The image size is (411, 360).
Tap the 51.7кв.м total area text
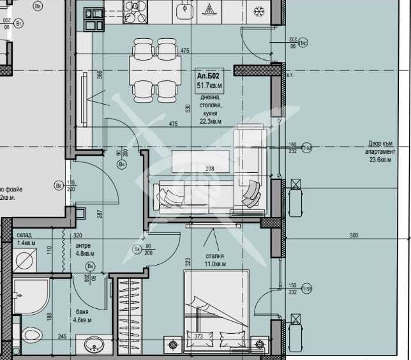tap(210, 84)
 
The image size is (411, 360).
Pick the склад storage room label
tap(24, 235)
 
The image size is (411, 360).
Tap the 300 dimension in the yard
tap(354, 236)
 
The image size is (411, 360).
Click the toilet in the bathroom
tap(30, 336)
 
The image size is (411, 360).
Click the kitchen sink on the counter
tap(184, 10)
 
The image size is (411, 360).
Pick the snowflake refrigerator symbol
tap(260, 11)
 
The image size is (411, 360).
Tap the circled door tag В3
tap(90, 266)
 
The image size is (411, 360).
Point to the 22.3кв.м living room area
tap(211, 121)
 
